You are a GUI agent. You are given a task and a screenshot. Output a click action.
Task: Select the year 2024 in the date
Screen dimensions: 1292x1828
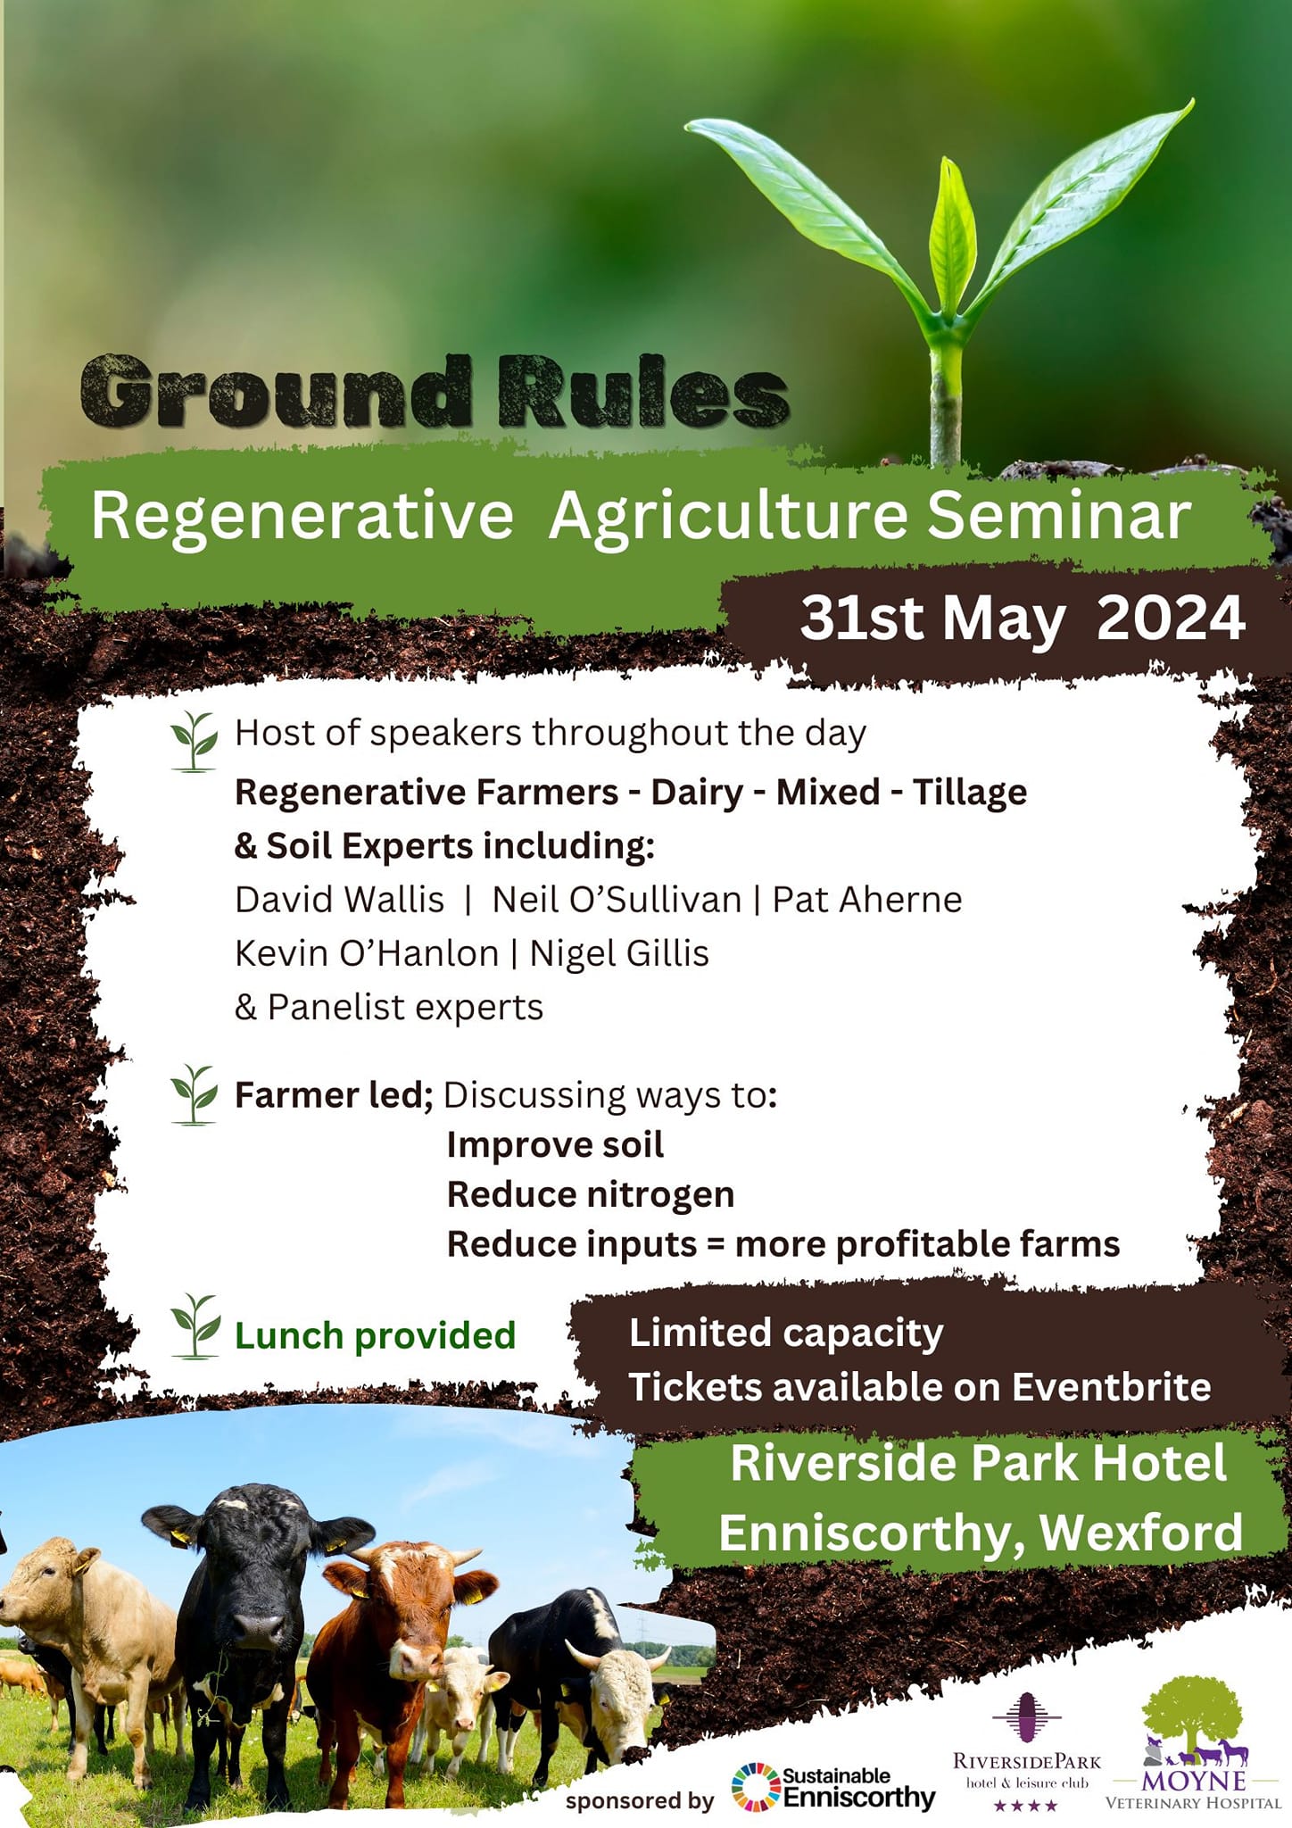(1171, 618)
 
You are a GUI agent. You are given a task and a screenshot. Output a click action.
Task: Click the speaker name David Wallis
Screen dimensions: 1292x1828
(339, 900)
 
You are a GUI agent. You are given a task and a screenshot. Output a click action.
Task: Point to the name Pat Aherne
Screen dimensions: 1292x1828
(867, 900)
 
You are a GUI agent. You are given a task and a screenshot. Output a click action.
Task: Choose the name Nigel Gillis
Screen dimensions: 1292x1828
(619, 953)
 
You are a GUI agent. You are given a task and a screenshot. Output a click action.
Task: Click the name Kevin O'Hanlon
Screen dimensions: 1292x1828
(367, 953)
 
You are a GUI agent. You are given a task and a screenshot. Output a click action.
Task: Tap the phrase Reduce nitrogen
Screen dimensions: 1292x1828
(591, 1194)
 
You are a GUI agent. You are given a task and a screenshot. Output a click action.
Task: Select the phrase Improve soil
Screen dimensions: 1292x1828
(555, 1145)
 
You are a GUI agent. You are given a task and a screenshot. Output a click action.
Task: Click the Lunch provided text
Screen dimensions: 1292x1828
(375, 1336)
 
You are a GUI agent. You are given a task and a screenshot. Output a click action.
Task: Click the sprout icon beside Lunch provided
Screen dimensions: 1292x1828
(195, 1325)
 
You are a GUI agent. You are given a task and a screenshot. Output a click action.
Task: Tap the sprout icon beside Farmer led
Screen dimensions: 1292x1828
(194, 1094)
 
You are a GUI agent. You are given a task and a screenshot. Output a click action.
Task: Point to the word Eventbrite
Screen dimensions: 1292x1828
(1111, 1387)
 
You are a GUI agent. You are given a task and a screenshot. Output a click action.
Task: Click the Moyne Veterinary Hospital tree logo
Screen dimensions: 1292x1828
(1193, 1723)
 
